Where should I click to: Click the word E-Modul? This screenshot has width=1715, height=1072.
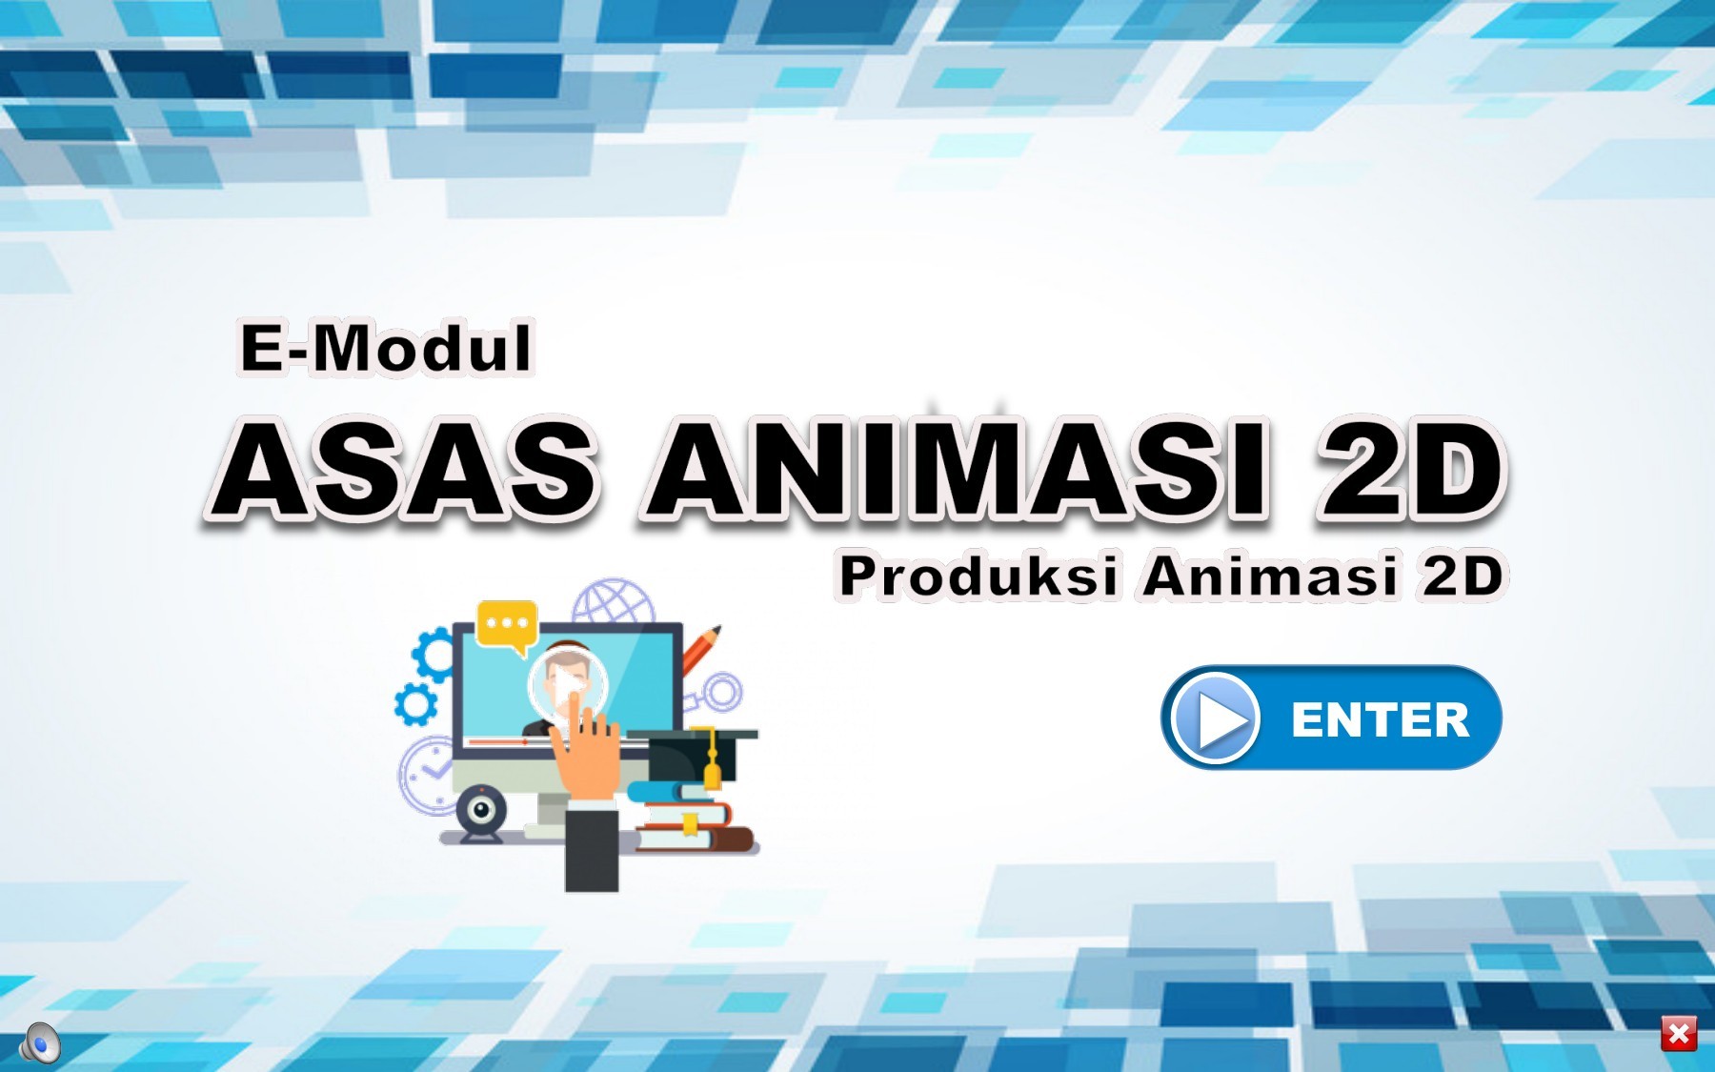click(385, 348)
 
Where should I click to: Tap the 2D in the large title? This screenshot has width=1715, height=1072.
click(1408, 469)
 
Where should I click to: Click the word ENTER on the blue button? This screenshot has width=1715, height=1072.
click(1380, 719)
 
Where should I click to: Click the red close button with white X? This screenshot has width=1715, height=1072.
click(1679, 1034)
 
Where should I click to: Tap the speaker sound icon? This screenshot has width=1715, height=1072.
click(41, 1042)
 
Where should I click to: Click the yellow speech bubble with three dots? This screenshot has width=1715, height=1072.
click(507, 625)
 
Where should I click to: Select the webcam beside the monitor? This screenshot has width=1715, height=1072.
click(481, 812)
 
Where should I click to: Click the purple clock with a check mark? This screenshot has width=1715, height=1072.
click(425, 775)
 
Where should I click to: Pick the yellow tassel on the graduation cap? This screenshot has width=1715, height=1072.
click(711, 762)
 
